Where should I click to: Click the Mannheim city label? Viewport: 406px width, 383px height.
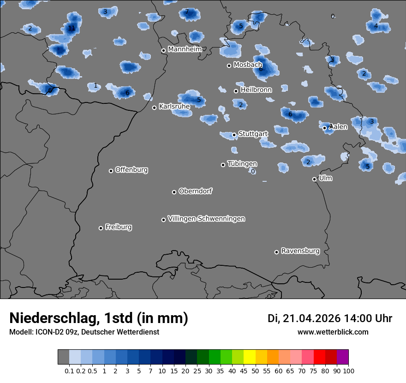(x=185, y=49)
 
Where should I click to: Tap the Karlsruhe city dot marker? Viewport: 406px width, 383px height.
(x=155, y=108)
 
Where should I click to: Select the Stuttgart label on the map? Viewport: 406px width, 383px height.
(x=253, y=134)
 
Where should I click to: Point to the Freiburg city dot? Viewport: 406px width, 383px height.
(x=101, y=228)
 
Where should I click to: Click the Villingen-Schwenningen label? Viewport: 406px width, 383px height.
(x=206, y=219)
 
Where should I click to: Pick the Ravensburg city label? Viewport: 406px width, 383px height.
(x=300, y=251)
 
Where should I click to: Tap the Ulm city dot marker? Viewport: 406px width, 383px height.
(x=315, y=179)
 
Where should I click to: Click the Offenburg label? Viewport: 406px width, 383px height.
(x=131, y=170)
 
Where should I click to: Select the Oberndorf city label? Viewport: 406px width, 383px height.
(x=196, y=191)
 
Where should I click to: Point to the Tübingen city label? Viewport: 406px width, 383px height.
(x=242, y=164)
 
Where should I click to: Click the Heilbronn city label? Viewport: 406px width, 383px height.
(x=256, y=90)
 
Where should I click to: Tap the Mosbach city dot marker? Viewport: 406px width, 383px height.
(x=229, y=66)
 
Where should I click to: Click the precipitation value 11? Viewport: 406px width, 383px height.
(x=71, y=28)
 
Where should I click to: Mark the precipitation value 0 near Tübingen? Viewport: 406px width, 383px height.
(x=253, y=171)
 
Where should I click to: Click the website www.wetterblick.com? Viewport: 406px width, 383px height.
(x=333, y=332)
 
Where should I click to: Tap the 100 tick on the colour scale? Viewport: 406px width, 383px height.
(x=348, y=371)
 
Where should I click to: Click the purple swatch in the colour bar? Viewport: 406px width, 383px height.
(x=342, y=357)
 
